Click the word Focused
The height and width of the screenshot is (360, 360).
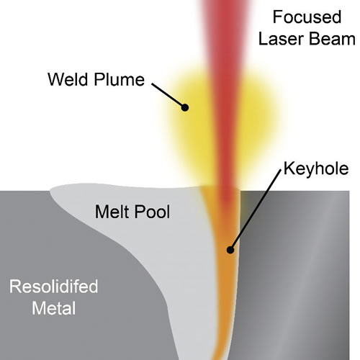tap(307, 17)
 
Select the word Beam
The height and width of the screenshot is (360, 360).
tap(333, 39)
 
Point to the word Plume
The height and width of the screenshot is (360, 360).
tap(120, 79)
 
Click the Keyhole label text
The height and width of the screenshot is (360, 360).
tap(316, 168)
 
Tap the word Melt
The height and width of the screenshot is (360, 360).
tap(111, 212)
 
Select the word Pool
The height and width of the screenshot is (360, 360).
tap(152, 212)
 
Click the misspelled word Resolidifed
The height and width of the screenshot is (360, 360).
tap(54, 287)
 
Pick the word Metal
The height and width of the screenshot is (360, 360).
tap(54, 308)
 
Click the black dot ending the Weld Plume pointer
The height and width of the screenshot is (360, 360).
tap(185, 107)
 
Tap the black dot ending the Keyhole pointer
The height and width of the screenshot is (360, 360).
tap(230, 250)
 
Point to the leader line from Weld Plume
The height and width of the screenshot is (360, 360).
tap(168, 96)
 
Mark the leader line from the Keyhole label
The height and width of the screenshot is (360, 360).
tap(256, 210)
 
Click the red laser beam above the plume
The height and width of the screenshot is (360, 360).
tap(225, 36)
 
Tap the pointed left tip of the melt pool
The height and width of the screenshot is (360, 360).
tap(50, 190)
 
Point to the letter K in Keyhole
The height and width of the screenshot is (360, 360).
tap(288, 168)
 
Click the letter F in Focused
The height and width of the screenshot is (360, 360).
tap(277, 17)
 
